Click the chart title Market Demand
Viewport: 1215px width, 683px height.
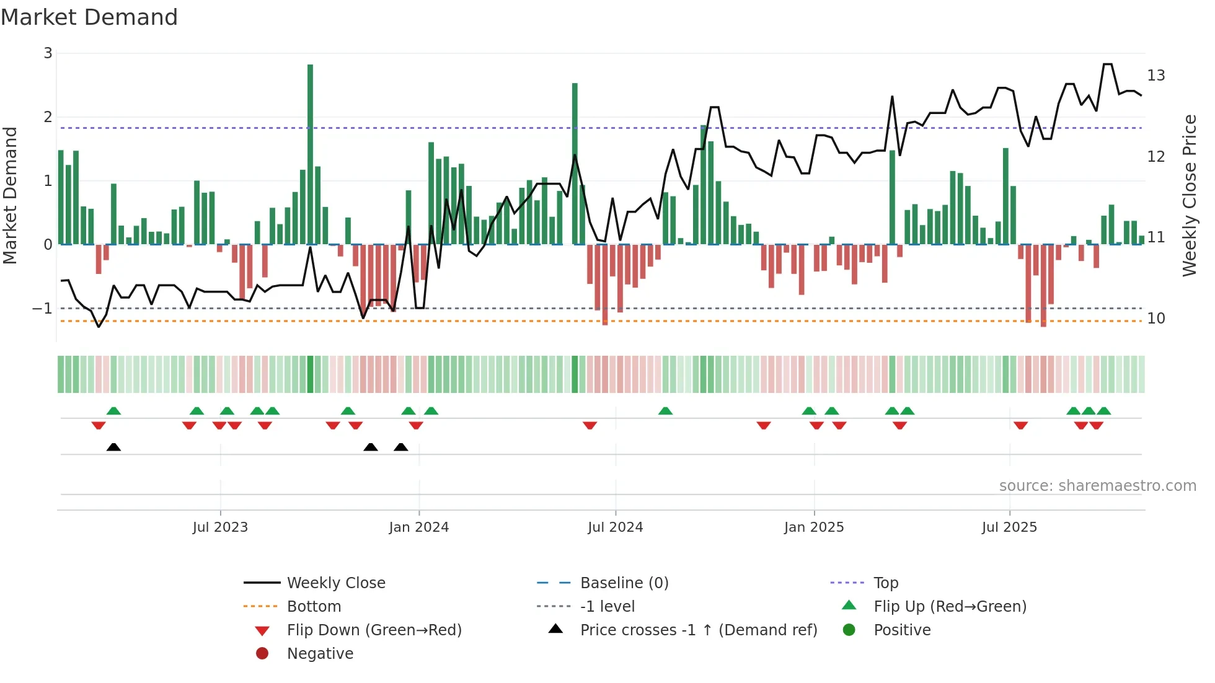click(x=89, y=17)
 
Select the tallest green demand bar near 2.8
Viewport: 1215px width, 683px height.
click(x=310, y=155)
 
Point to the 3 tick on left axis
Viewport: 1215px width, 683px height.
click(x=48, y=53)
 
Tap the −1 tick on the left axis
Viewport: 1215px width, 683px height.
click(x=42, y=308)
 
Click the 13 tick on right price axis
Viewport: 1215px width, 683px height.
click(x=1156, y=76)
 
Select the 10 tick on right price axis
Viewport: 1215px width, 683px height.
click(x=1156, y=319)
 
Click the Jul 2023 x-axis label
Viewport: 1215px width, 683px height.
click(x=220, y=527)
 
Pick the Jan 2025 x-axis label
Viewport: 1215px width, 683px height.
click(x=813, y=527)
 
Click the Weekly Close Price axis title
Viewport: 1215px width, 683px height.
click(x=1189, y=195)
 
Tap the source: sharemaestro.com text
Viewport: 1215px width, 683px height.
click(x=1097, y=486)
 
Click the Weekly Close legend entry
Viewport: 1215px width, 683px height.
click(x=335, y=583)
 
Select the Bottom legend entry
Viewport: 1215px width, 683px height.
click(x=314, y=607)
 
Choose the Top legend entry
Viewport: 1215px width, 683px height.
click(x=886, y=583)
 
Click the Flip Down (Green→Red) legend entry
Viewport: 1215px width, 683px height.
click(x=374, y=630)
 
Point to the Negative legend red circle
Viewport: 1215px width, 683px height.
click(x=262, y=654)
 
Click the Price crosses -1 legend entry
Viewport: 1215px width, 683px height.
click(x=698, y=630)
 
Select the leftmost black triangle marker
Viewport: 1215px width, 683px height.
click(x=113, y=447)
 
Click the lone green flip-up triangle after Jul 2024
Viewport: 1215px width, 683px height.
click(x=665, y=411)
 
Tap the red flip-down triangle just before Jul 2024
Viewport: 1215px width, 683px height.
click(x=590, y=425)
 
